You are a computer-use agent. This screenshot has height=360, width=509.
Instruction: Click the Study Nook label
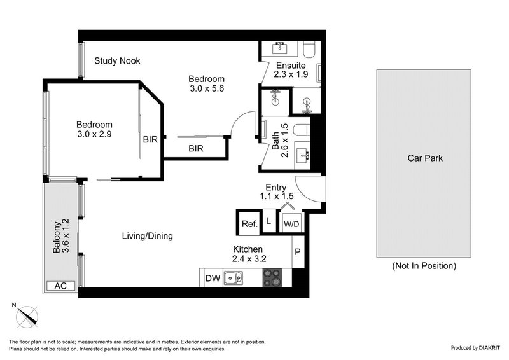tap(117, 61)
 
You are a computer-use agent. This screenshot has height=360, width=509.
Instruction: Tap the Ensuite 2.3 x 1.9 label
tap(290, 69)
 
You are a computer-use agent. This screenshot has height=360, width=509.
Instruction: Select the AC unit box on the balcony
tap(60, 286)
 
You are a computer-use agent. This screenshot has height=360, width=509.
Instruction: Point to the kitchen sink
tap(232, 277)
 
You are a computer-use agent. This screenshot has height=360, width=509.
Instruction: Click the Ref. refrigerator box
tap(248, 223)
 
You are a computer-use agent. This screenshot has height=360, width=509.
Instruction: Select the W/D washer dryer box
tap(291, 223)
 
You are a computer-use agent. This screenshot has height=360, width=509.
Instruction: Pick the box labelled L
tap(268, 223)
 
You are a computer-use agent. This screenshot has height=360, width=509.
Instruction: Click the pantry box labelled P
tap(297, 252)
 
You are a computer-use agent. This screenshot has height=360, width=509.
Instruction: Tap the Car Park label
tap(424, 158)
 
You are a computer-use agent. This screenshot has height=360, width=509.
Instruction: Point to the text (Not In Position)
tap(424, 265)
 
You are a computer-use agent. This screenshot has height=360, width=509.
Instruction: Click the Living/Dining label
tap(148, 236)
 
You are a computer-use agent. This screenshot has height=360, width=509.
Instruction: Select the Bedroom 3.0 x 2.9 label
tap(94, 129)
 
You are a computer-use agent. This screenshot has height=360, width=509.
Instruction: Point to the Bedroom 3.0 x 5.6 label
tap(207, 83)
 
